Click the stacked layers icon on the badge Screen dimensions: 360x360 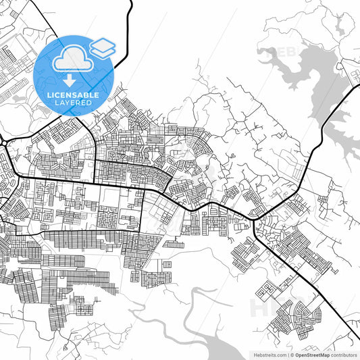click(x=103, y=47)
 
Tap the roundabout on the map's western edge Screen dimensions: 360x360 click(x=2, y=142)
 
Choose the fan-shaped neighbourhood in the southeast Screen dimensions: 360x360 click(x=307, y=314)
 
